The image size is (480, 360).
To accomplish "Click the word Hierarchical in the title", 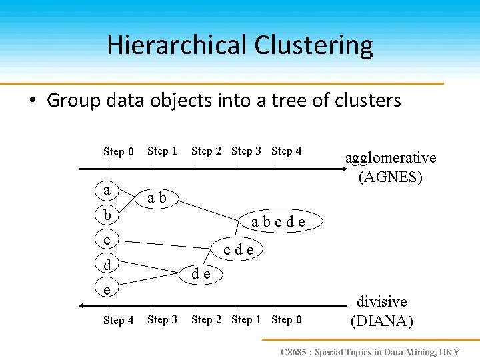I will point(176,45).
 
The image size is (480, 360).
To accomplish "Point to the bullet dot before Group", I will point(31,101).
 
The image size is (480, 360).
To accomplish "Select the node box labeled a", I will point(107,191).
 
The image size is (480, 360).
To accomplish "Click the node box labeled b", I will point(107,215).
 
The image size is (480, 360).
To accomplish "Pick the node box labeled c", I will point(107,239).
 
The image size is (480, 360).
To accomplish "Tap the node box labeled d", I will point(107,264).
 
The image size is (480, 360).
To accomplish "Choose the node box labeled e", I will point(107,288).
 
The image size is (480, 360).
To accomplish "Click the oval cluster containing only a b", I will point(157,198).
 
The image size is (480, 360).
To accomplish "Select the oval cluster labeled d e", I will point(201,273).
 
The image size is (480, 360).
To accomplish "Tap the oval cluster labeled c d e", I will point(238,250).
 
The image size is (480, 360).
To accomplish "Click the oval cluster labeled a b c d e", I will point(279,221).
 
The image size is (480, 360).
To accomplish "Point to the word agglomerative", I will point(390,158).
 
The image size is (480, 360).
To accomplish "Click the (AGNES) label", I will point(390,177).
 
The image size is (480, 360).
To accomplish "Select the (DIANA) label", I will point(382,321).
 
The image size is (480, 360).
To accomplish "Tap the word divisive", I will point(382,301).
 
